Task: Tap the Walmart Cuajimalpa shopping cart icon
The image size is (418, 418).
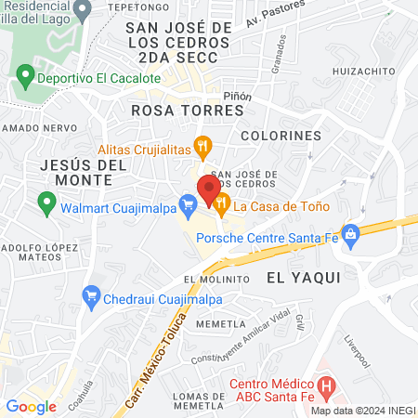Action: (x=188, y=201)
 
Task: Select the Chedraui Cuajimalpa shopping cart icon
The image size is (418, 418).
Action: (x=91, y=297)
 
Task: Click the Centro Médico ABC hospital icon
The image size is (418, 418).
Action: (x=325, y=383)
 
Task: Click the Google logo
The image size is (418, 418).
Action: (x=31, y=406)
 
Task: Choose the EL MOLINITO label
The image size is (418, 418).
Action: (x=216, y=279)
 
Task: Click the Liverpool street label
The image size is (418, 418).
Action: (x=357, y=351)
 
